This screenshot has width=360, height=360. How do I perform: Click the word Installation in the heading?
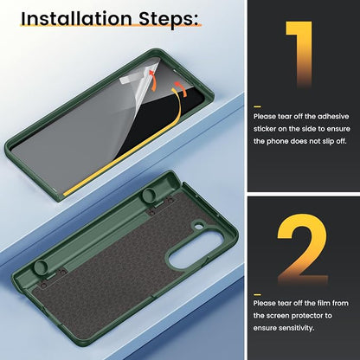click(x=76, y=18)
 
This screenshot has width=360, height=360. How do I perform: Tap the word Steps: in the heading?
click(x=169, y=20)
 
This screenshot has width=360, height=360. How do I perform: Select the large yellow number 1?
click(x=299, y=55)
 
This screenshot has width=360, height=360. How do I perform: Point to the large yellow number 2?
click(x=302, y=250)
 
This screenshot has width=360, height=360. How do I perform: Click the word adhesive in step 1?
click(x=333, y=117)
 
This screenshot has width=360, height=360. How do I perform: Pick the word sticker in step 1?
click(x=265, y=129)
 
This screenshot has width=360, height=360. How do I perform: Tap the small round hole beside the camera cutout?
click(x=198, y=226)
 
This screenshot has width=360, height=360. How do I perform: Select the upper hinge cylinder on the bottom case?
click(x=149, y=196)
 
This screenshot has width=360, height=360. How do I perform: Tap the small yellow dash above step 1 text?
click(x=257, y=106)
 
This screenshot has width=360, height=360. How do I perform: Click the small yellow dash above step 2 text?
click(x=257, y=294)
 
